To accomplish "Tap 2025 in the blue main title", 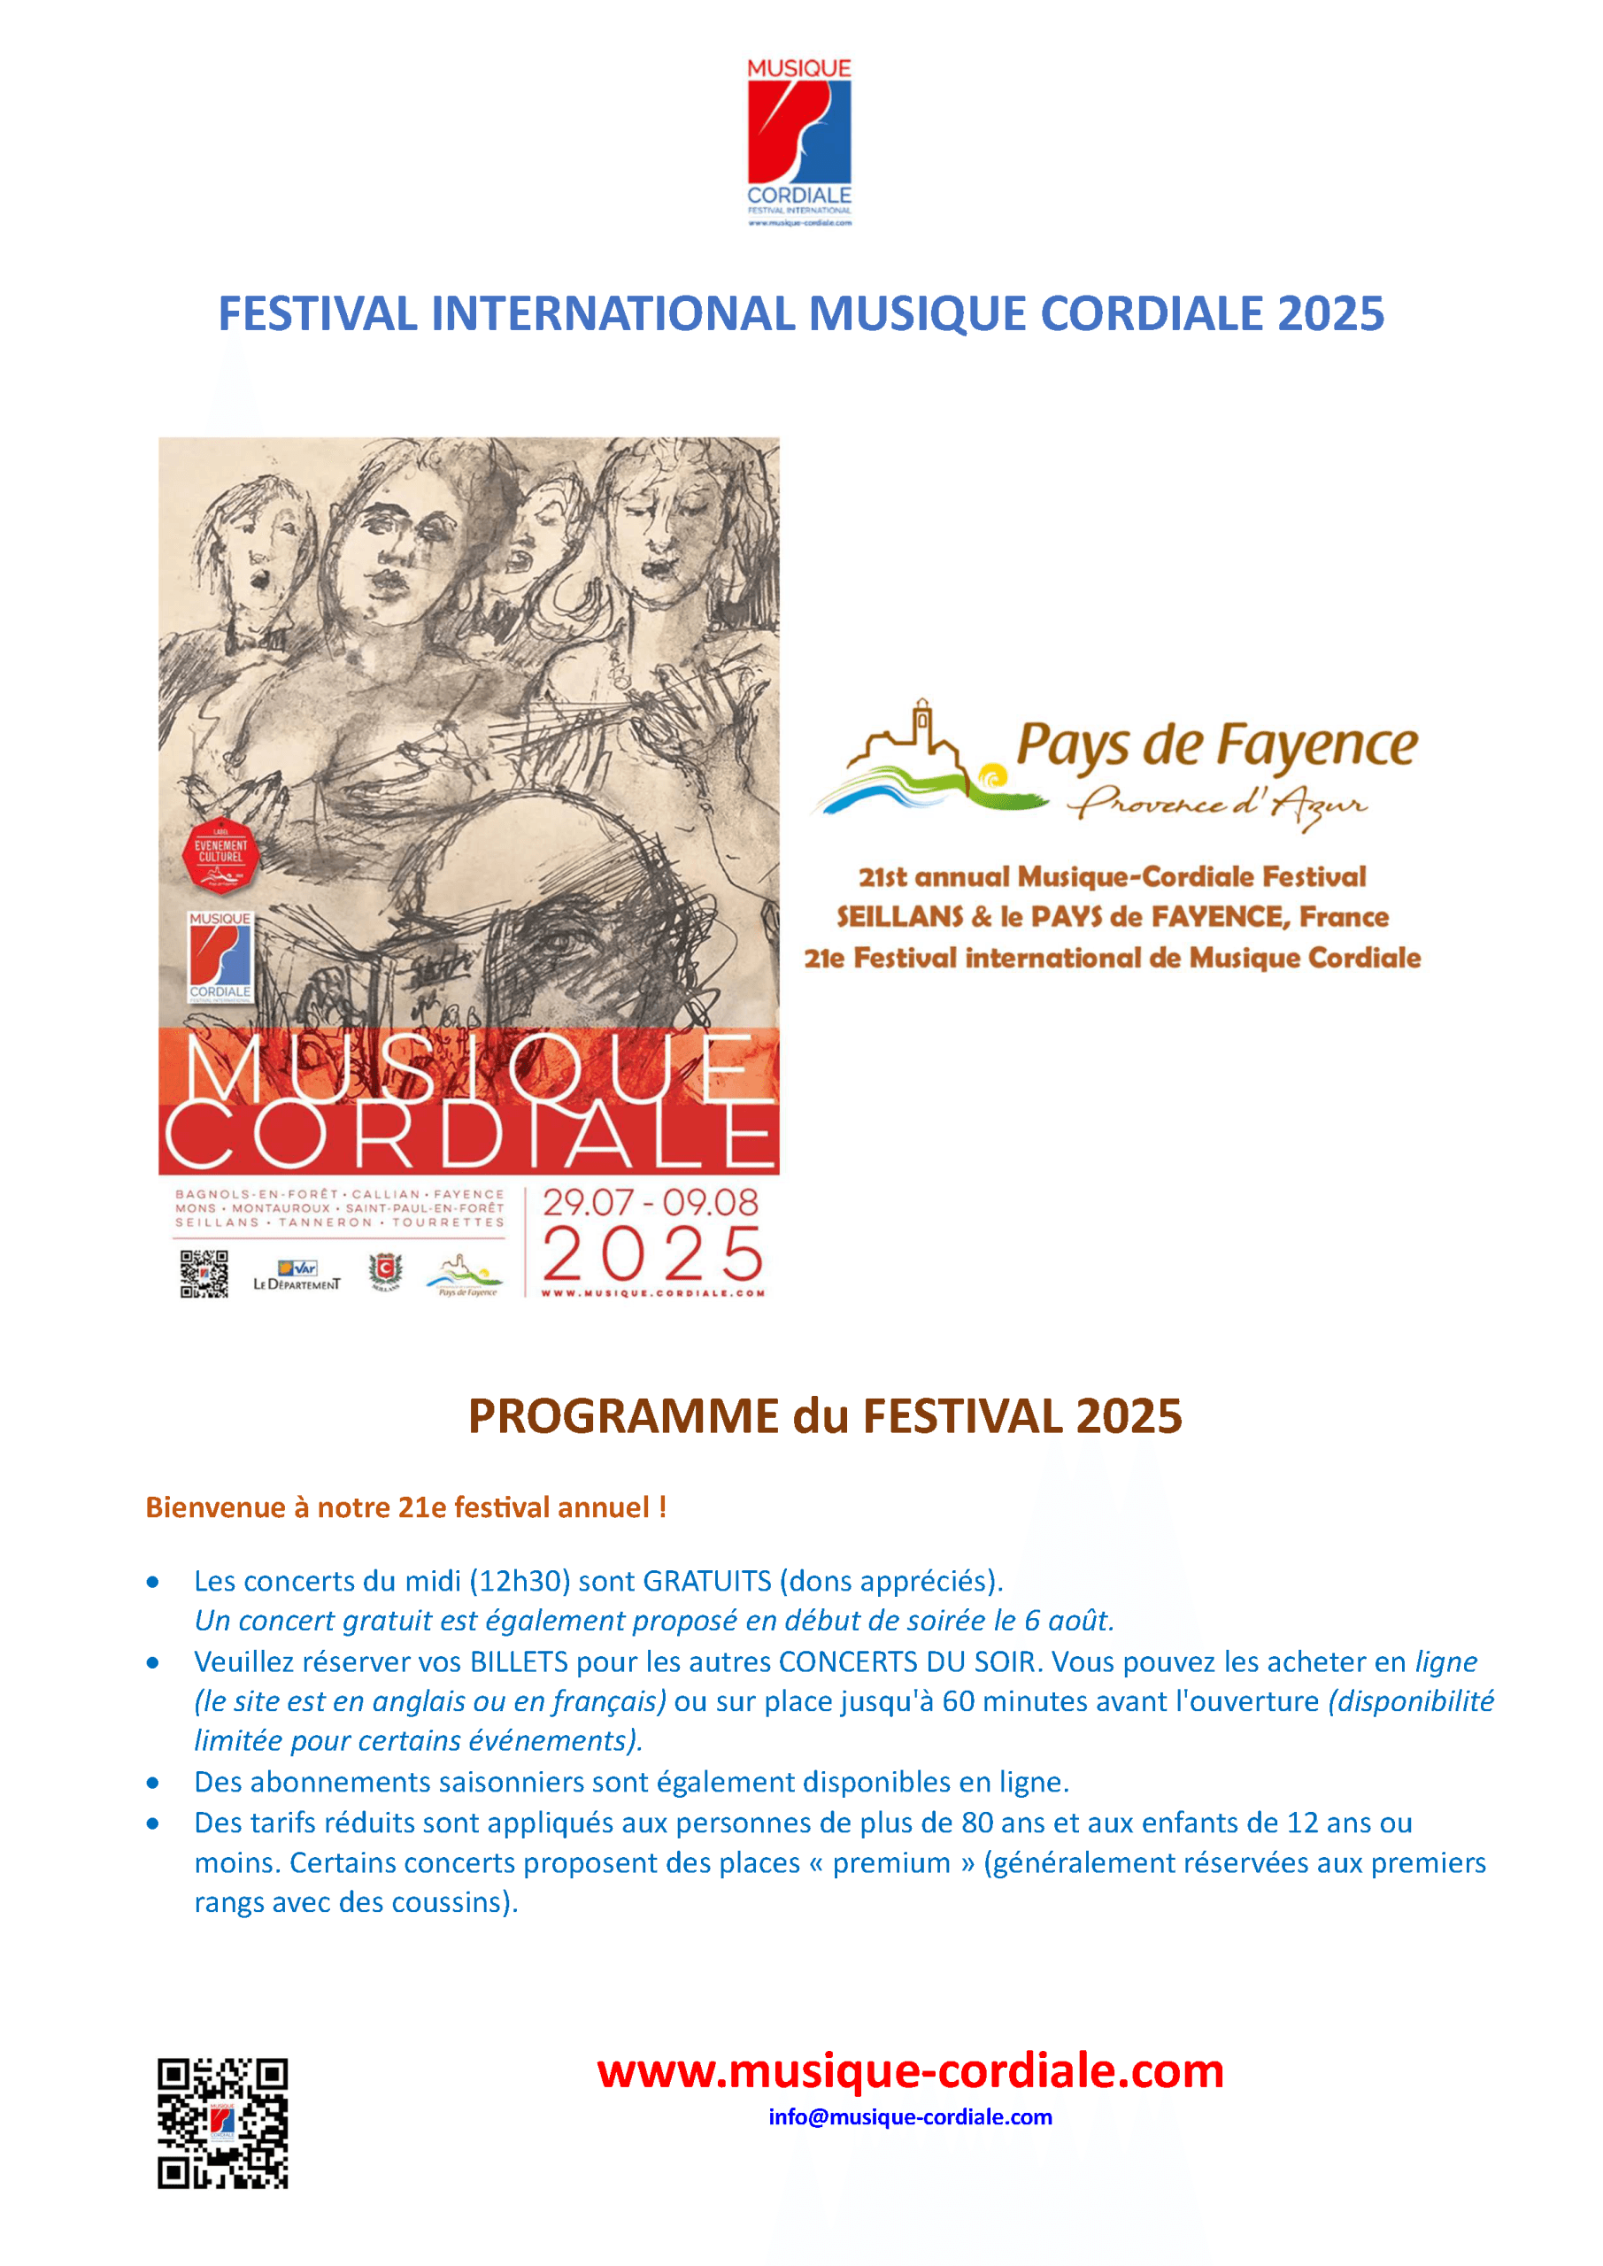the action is pyautogui.click(x=1329, y=314).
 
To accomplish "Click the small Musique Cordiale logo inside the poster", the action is pyautogui.click(x=220, y=956).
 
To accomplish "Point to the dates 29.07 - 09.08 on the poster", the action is pyautogui.click(x=651, y=1202).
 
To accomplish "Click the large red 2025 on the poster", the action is pyautogui.click(x=652, y=1253).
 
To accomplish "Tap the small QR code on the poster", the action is pyautogui.click(x=204, y=1273).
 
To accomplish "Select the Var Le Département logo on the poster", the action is pyautogui.click(x=297, y=1274).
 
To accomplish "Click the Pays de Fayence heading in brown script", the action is pyautogui.click(x=1216, y=745).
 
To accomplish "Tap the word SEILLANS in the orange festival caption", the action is pyautogui.click(x=899, y=917).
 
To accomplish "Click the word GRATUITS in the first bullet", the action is pyautogui.click(x=706, y=1581).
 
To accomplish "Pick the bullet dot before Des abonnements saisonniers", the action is pyautogui.click(x=153, y=1783).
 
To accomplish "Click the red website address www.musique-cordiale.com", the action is pyautogui.click(x=910, y=2070).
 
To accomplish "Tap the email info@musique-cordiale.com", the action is pyautogui.click(x=910, y=2117).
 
